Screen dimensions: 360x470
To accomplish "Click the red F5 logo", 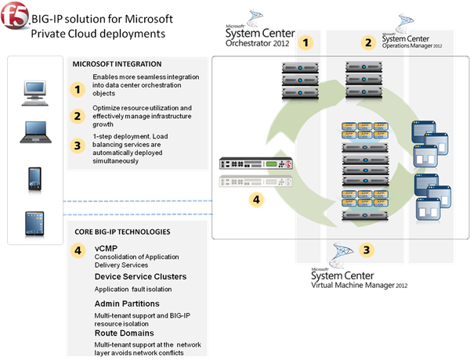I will (14, 16).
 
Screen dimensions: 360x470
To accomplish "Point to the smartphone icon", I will (32, 177).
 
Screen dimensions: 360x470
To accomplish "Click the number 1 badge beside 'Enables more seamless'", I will (78, 88).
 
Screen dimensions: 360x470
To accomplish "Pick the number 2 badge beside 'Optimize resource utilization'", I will (78, 117).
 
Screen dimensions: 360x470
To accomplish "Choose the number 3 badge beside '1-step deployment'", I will (78, 144).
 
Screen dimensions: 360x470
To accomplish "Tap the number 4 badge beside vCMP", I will (78, 250).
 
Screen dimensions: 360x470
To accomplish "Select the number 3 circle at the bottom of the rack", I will (367, 250).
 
